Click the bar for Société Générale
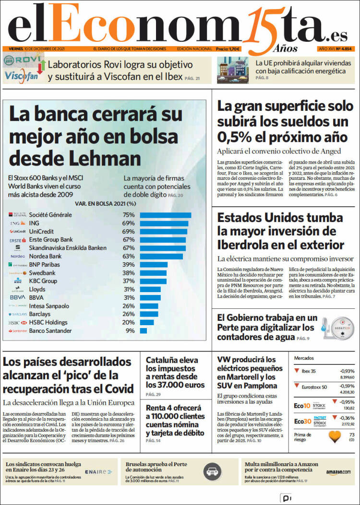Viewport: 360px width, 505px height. pyautogui.click(x=165, y=215)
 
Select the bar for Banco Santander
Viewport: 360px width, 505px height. pyautogui.click(x=143, y=331)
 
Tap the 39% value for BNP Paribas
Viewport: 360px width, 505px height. pyautogui.click(x=128, y=265)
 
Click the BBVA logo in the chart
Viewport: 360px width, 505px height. pyautogui.click(x=18, y=298)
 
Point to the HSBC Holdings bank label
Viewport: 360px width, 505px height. pyautogui.click(x=48, y=323)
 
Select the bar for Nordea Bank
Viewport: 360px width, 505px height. pyautogui.click(x=161, y=257)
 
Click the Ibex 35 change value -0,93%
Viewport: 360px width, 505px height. pyautogui.click(x=347, y=371)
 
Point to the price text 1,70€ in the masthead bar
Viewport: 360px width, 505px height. pyautogui.click(x=234, y=49)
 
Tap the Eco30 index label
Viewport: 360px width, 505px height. pyautogui.click(x=302, y=421)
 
